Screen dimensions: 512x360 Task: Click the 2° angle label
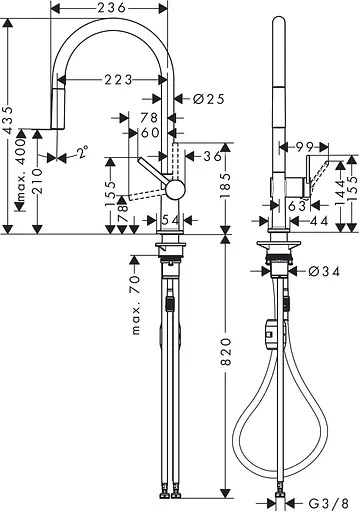[80, 155]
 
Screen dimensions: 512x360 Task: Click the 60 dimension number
[150, 132]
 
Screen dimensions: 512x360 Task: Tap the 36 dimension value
[212, 157]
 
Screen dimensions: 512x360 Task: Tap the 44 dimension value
[321, 219]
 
